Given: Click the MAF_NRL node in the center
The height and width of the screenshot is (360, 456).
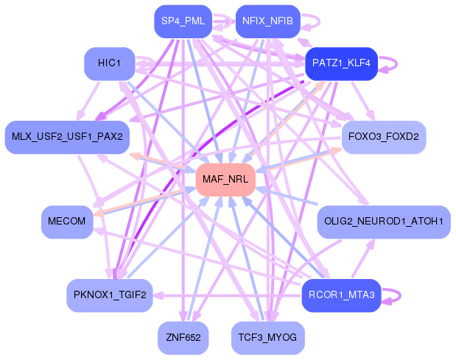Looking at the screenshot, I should point(225,180).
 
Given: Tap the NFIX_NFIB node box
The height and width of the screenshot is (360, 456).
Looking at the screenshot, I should point(267,21).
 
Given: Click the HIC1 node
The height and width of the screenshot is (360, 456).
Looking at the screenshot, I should point(110,63).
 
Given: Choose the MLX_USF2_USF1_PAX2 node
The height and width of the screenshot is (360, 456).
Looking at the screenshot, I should point(67,137).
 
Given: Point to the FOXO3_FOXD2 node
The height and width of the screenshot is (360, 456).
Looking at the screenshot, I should point(384,137).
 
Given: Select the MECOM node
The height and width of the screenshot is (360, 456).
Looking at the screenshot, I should point(67,222).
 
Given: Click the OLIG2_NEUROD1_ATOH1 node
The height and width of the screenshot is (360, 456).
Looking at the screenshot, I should point(383,222).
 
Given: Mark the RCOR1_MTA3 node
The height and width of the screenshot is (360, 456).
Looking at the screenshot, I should point(341,296).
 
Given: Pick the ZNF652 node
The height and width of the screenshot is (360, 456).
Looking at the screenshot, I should point(183,338).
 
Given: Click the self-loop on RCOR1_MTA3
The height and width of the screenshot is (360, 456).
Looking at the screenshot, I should point(396,296).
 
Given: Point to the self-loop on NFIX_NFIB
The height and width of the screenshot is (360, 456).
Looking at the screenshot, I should point(312,21).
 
